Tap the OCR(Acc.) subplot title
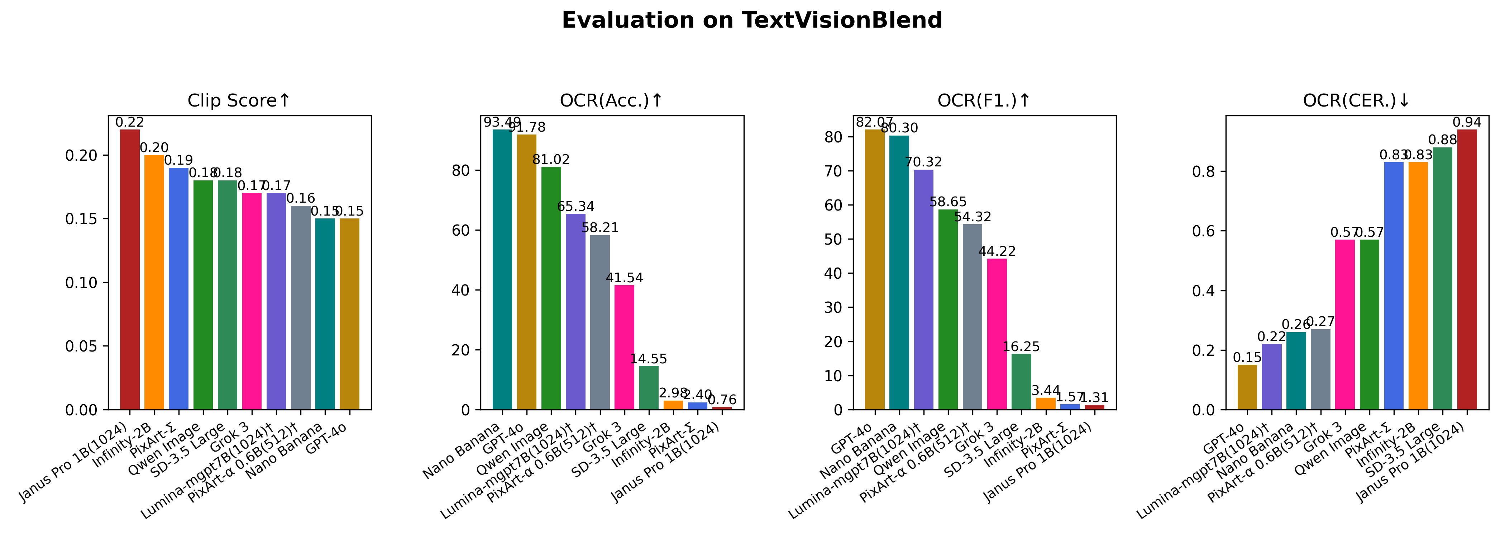pos(611,101)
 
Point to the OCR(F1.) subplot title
pos(984,101)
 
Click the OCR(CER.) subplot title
pos(1357,101)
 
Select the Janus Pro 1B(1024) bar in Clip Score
pos(130,269)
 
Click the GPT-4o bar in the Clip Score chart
pos(349,314)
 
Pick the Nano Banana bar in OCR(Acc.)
pos(502,269)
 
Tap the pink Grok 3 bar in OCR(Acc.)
pos(624,347)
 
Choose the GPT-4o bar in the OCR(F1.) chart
pos(875,269)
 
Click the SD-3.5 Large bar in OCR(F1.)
pos(1021,382)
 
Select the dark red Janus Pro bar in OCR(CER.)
pos(1467,269)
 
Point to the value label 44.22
pos(997,251)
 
